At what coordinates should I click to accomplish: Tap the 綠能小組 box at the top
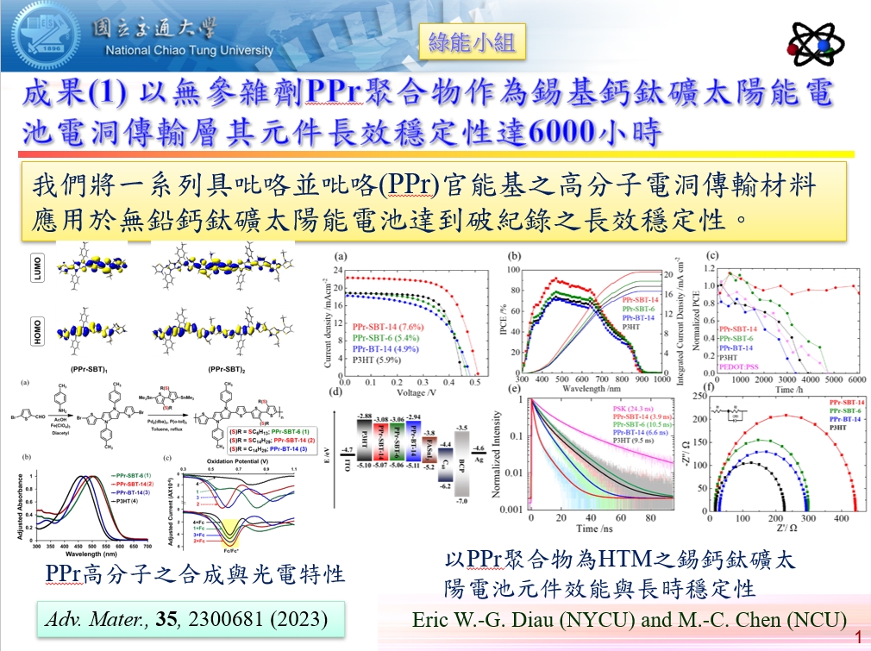(472, 41)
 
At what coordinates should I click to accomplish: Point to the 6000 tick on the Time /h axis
(856, 379)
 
